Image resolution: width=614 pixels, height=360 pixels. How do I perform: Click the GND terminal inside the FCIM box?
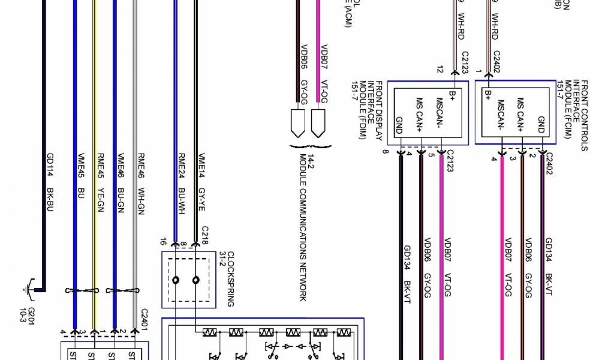(x=541, y=124)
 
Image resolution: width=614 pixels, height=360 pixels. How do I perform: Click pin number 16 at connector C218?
(x=163, y=242)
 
